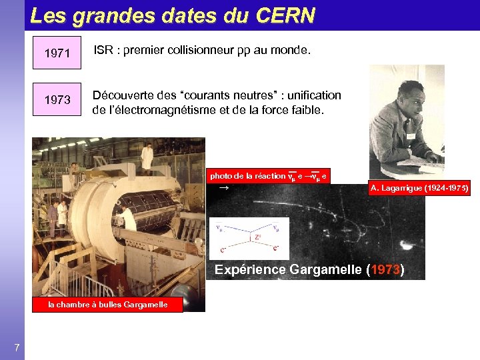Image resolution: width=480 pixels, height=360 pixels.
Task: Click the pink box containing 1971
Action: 57,53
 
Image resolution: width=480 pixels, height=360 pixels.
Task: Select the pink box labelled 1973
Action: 57,99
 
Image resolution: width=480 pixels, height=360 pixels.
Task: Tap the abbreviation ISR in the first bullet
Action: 103,49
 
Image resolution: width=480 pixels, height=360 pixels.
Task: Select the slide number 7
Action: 17,346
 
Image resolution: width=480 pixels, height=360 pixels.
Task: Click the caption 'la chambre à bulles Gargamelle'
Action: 107,305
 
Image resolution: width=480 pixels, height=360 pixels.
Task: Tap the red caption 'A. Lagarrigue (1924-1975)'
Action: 419,189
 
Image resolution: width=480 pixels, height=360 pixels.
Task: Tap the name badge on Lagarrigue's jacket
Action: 409,136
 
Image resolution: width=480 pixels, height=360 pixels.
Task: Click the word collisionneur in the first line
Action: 193,49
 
